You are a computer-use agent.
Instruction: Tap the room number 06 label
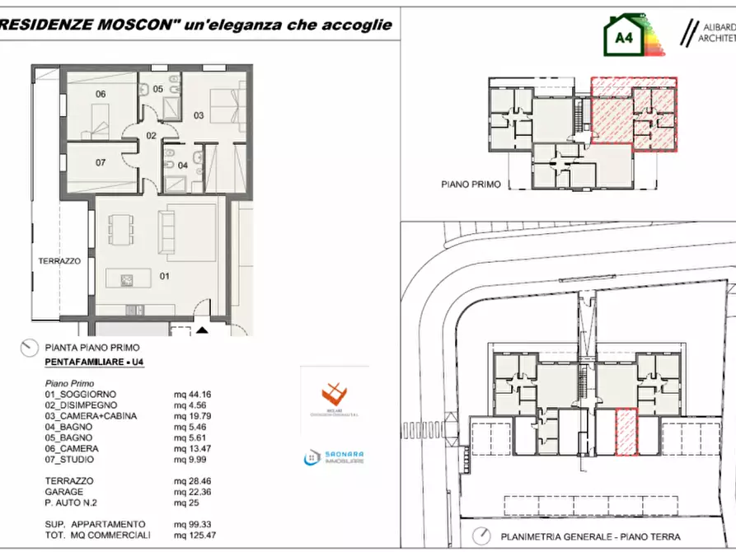pyautogui.click(x=101, y=94)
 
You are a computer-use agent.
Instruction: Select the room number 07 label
pyautogui.click(x=101, y=162)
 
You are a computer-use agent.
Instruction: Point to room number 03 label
pyautogui.click(x=199, y=115)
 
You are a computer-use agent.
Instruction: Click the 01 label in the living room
pyautogui.click(x=164, y=276)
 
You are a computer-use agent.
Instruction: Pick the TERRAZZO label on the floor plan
pyautogui.click(x=59, y=260)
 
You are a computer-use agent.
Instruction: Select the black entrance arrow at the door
pyautogui.click(x=202, y=330)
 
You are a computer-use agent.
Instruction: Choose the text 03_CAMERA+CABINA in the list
pyautogui.click(x=91, y=416)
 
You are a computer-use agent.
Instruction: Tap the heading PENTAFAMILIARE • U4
pyautogui.click(x=93, y=363)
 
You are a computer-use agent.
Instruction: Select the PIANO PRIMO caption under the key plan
pyautogui.click(x=471, y=185)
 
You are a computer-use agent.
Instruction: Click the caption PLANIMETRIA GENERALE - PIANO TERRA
pyautogui.click(x=588, y=536)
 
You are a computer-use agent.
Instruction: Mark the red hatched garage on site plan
pyautogui.click(x=627, y=433)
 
